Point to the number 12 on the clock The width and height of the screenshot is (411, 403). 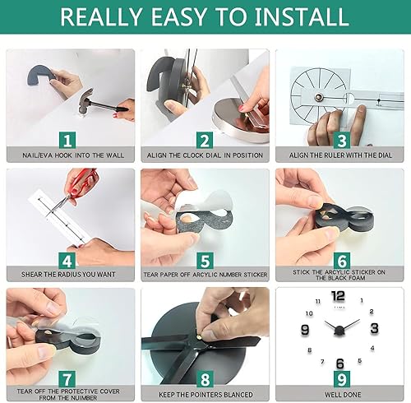(338, 297)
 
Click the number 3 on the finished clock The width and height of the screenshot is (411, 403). (375, 329)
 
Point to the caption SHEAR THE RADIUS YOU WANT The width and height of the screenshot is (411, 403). (68, 274)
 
